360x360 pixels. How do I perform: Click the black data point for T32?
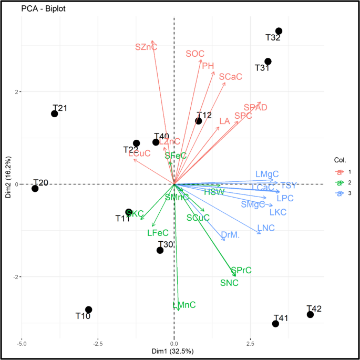point(279,32)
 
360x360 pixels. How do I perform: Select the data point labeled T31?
point(268,61)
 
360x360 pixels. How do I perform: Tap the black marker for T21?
point(55,114)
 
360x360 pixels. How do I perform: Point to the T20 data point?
point(35,188)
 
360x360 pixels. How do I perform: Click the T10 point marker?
point(89,310)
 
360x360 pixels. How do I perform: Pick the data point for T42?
point(310,314)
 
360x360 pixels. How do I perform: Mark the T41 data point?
point(275,324)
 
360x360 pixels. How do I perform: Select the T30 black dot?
point(160,250)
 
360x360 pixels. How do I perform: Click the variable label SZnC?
point(146,47)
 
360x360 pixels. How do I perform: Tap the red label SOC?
point(194,54)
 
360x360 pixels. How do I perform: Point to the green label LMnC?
point(184,305)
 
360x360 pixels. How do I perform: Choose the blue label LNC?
point(266,228)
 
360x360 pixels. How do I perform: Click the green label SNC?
point(229,283)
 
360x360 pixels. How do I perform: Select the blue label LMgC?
point(266,174)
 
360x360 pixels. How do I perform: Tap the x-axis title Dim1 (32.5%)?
point(174,351)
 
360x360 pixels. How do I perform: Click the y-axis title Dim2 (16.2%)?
point(8,184)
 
